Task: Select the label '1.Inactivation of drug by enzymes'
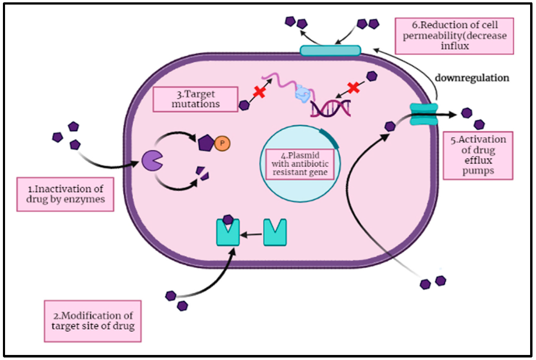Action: click(65, 193)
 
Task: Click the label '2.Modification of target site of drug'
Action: click(93, 321)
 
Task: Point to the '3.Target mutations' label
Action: click(195, 99)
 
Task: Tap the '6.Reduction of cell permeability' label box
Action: click(454, 36)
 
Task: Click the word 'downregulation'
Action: click(472, 78)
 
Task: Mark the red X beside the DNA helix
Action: click(354, 87)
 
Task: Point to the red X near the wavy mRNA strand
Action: click(260, 92)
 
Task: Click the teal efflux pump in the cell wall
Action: click(424, 114)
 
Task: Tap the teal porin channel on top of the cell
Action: click(330, 50)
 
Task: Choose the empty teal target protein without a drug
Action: click(275, 232)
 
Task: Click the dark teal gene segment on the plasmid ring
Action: click(330, 138)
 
